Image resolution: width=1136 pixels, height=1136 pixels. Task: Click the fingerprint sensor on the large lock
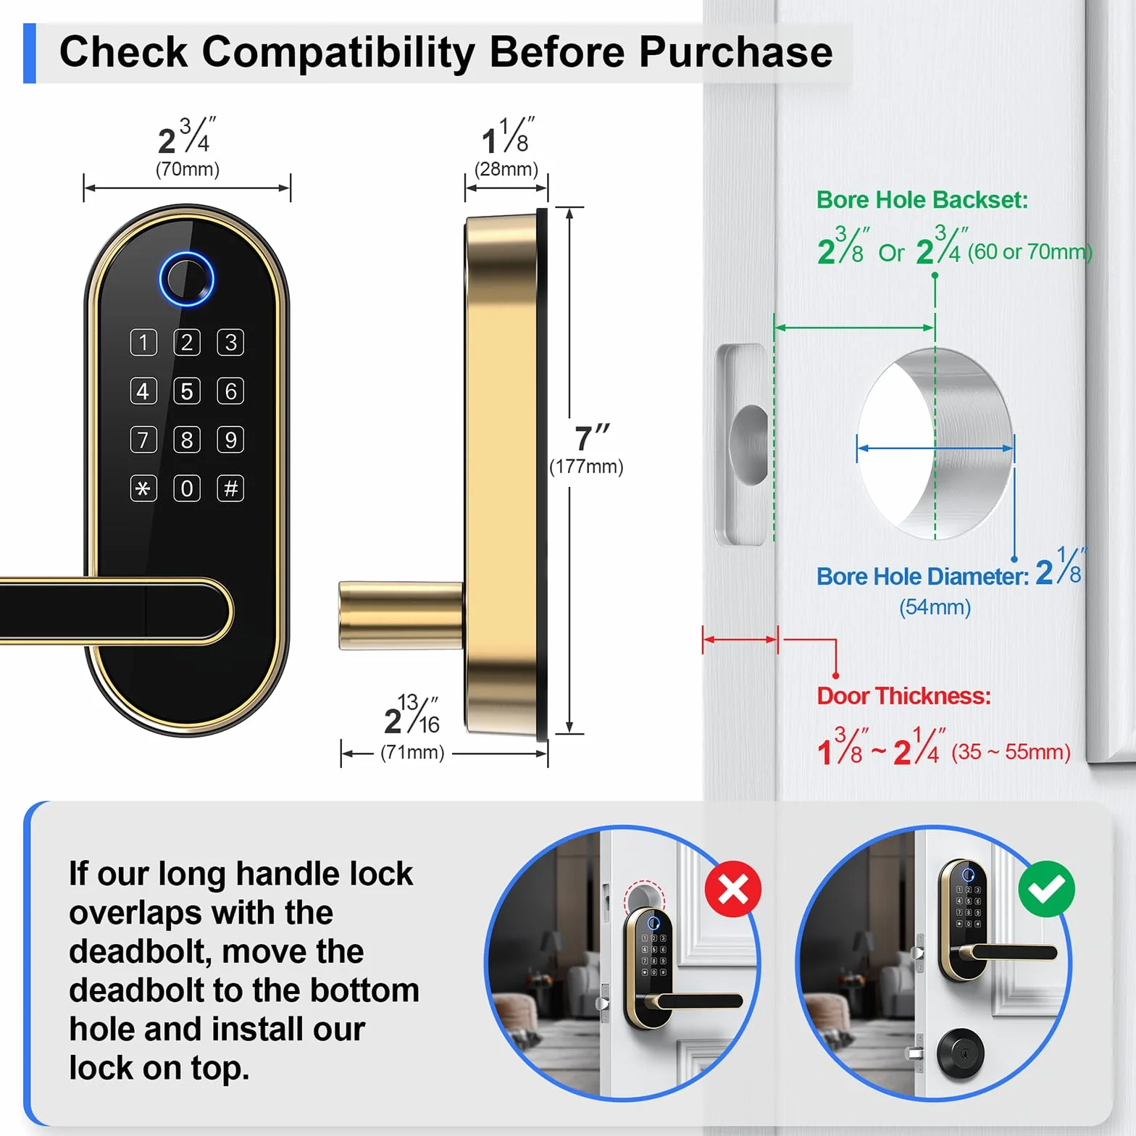click(x=187, y=279)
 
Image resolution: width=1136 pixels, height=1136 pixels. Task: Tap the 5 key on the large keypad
click(x=187, y=391)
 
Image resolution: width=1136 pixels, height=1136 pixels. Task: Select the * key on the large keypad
click(x=143, y=488)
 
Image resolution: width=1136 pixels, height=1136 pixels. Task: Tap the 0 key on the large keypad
click(x=187, y=488)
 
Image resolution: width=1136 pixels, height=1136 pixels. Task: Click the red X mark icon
click(x=733, y=889)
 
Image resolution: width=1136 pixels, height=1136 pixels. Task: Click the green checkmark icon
click(x=1046, y=889)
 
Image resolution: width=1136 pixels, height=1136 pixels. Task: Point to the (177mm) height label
click(x=586, y=467)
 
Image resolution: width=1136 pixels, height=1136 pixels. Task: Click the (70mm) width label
click(x=188, y=170)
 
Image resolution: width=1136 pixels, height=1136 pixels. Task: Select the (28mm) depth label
click(x=506, y=170)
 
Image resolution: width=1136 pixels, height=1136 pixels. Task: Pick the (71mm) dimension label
click(x=412, y=752)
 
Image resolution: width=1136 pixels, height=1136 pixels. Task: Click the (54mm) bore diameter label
click(x=935, y=607)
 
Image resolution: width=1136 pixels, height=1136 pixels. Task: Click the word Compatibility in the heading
click(x=338, y=52)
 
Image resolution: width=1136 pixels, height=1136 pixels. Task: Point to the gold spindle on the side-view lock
click(x=401, y=614)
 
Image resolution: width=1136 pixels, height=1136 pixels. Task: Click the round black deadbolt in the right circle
click(x=960, y=1052)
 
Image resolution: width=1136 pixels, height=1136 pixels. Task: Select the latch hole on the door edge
click(x=750, y=444)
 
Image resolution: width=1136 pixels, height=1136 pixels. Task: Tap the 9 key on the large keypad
click(x=230, y=440)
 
